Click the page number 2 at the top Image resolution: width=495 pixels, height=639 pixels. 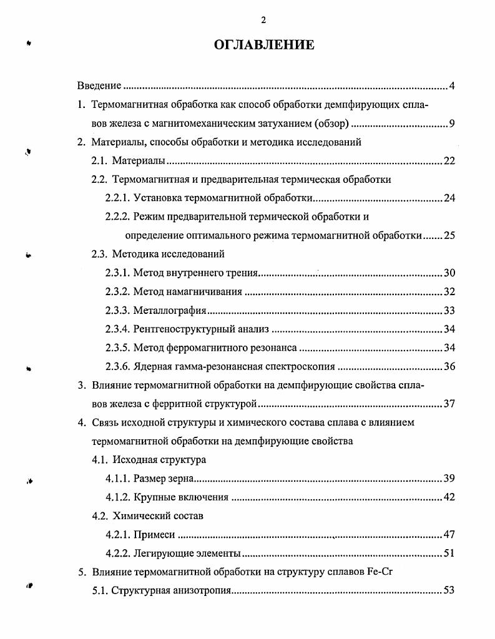(x=263, y=20)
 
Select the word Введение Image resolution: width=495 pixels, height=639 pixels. (x=99, y=85)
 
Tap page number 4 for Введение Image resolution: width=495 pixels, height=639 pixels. (x=452, y=85)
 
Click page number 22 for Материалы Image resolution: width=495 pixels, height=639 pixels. (x=449, y=161)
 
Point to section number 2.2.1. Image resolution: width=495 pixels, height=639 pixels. (x=117, y=198)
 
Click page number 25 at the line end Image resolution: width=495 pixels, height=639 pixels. (x=449, y=236)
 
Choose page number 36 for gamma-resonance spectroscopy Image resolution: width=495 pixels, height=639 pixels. (x=449, y=367)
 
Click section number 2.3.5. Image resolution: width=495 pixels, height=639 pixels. (x=117, y=348)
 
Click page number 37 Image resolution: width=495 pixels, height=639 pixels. (x=449, y=404)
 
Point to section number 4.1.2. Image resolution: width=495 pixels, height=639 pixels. (x=117, y=497)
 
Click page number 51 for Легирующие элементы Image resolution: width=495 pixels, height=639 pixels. (x=449, y=554)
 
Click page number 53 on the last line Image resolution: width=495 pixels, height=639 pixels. (x=449, y=591)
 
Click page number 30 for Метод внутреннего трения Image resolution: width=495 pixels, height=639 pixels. (x=449, y=273)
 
